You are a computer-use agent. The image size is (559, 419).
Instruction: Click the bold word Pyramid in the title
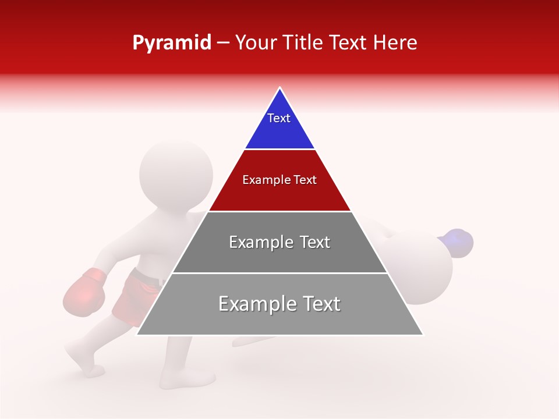(x=171, y=42)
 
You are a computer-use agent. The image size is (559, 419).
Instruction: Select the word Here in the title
(x=395, y=42)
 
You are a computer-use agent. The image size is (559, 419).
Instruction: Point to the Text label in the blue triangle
(x=279, y=118)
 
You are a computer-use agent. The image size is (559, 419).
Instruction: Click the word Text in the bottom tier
(x=319, y=304)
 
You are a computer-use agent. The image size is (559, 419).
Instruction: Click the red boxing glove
(x=84, y=293)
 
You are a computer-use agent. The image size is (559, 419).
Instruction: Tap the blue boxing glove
(x=457, y=242)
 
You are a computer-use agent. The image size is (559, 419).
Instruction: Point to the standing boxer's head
(x=176, y=174)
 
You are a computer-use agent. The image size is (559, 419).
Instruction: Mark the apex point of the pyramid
(x=280, y=88)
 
